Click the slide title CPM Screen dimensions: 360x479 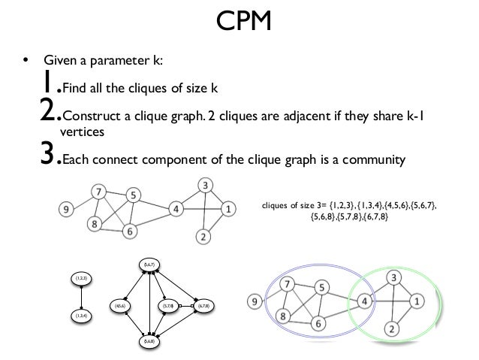[239, 25]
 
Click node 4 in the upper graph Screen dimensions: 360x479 [174, 209]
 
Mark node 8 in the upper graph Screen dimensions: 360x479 [94, 223]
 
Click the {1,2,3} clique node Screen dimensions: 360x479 [80, 279]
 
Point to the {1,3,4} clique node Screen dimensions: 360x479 [80, 316]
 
